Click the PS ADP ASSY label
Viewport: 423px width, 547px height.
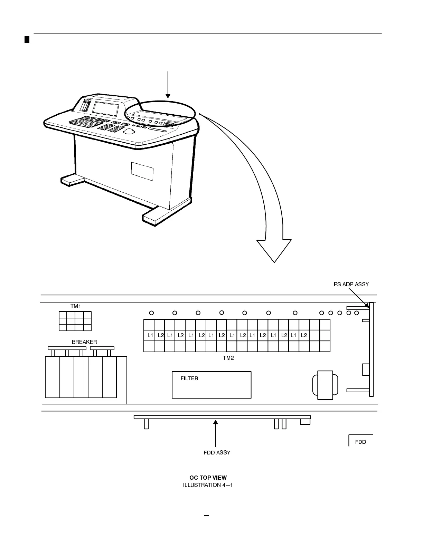point(351,284)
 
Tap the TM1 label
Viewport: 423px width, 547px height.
point(75,306)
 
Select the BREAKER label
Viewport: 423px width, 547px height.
point(84,342)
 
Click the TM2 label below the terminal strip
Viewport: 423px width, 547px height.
point(228,358)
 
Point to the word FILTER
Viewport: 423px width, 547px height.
point(189,378)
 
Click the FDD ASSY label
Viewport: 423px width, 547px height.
point(217,452)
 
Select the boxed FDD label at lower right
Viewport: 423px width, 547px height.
point(360,442)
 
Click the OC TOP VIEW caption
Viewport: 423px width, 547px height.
point(208,478)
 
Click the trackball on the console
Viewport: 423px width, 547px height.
point(129,132)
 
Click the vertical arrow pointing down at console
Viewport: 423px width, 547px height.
point(168,85)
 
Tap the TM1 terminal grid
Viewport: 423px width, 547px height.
point(75,321)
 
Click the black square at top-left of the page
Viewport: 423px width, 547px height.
point(27,39)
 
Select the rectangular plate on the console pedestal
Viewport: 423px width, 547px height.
point(142,170)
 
